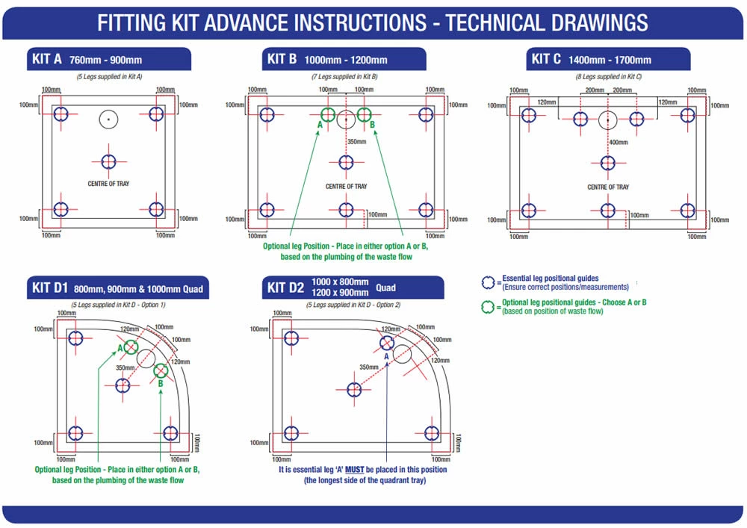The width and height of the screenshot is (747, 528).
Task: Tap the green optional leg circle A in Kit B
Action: (327, 114)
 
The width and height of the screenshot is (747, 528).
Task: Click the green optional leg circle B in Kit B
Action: (365, 114)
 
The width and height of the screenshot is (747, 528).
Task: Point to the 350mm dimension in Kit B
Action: (356, 141)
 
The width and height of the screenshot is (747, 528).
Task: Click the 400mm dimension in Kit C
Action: (618, 142)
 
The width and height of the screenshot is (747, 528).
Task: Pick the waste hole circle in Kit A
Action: (108, 118)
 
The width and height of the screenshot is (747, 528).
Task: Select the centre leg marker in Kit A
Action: (108, 161)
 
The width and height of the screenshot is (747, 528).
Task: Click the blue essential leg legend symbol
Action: (489, 282)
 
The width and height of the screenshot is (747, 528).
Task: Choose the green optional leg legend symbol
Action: (489, 306)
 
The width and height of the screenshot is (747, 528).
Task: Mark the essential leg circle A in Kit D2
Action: (387, 343)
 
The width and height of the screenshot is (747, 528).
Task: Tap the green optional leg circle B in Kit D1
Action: (161, 370)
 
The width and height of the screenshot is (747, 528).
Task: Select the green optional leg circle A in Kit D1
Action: (131, 347)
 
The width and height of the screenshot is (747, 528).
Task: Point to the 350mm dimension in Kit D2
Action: (368, 367)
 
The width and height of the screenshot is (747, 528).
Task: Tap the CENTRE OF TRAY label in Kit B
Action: (346, 187)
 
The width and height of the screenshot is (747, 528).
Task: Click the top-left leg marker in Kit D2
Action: (291, 338)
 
